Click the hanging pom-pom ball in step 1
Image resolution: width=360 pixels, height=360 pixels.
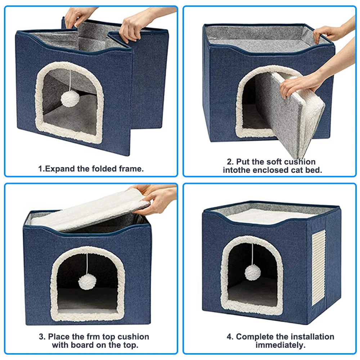pyautogui.click(x=70, y=99)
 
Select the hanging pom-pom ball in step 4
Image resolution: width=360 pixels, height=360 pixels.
pyautogui.click(x=253, y=273)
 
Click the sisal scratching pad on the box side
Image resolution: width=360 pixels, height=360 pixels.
pyautogui.click(x=319, y=268)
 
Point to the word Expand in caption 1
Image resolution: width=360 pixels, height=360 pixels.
pyautogui.click(x=60, y=169)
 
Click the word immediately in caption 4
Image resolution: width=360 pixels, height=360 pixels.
pyautogui.click(x=280, y=345)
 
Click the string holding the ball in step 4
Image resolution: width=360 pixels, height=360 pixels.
pyautogui.click(x=253, y=254)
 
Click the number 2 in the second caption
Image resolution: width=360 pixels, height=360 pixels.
pyautogui.click(x=229, y=162)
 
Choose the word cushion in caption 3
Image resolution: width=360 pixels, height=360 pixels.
pyautogui.click(x=133, y=337)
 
